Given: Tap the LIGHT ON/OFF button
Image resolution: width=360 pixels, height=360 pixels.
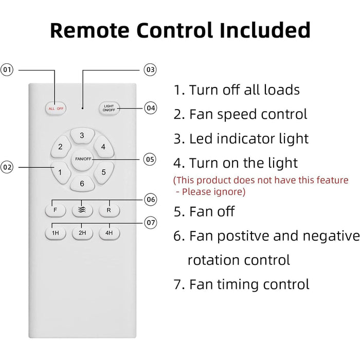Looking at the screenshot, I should coord(109,109).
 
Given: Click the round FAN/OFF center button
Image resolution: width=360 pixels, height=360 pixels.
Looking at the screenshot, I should coord(82,158).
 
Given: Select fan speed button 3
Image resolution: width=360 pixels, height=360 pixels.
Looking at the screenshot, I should coord(82,136).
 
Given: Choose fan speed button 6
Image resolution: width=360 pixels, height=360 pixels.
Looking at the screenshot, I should coord(82,183).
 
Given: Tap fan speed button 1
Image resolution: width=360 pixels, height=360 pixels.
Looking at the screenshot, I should coord(60,172).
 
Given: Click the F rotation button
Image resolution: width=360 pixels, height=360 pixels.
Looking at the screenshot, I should coord(55,210).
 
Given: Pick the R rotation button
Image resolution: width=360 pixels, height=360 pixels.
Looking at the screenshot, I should coord(109,210).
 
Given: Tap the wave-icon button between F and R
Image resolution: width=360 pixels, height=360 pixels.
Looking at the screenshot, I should coord(82,210).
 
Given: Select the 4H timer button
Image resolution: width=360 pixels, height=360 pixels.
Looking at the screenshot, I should coord(109,233).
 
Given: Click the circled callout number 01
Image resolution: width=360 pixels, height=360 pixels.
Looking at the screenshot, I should coord(7,69).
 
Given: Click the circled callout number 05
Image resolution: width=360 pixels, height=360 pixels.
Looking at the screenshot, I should coord(150,159).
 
